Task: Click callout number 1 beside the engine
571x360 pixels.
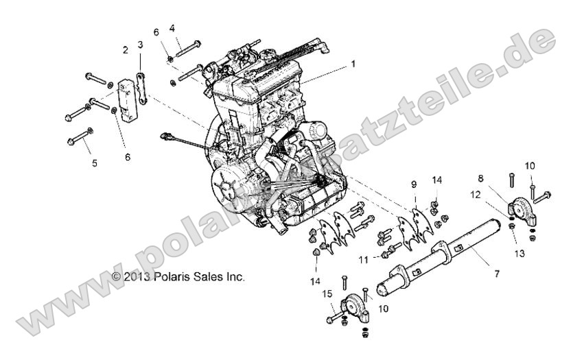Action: coord(353,64)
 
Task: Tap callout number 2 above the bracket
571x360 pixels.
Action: coord(125,49)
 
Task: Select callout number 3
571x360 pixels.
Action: coord(140,45)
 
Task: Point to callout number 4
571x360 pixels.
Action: coord(172,28)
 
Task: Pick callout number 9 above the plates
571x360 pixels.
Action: coord(414,184)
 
